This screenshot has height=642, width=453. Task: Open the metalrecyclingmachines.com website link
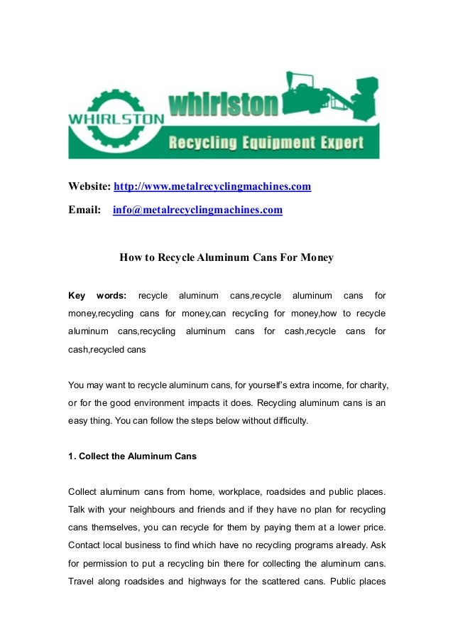[213, 187]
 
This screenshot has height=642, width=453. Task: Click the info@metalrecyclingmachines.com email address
[197, 210]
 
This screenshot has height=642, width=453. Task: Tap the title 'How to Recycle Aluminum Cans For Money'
[226, 257]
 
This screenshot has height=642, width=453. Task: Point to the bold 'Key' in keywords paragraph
[77, 295]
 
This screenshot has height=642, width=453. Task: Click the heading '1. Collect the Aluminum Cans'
[132, 456]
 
